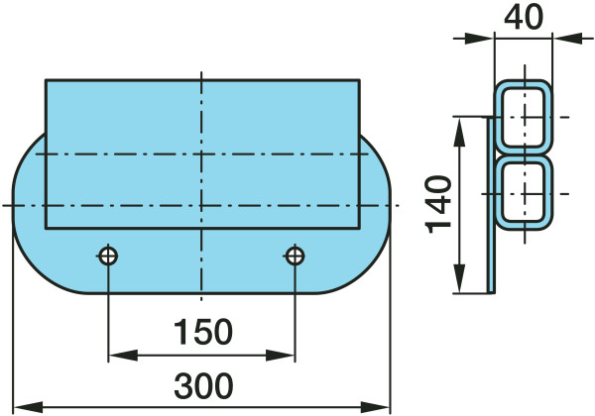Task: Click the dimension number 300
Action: pyautogui.click(x=203, y=385)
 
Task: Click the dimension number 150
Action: pyautogui.click(x=202, y=332)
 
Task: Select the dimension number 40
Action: pyautogui.click(x=524, y=18)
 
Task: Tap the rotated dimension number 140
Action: pyautogui.click(x=438, y=204)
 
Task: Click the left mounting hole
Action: pyautogui.click(x=108, y=257)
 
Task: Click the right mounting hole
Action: pyautogui.click(x=295, y=257)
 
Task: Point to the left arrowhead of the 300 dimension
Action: pyautogui.click(x=28, y=408)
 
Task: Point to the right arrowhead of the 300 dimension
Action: pyautogui.click(x=375, y=408)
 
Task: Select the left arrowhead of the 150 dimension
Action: pyautogui.click(x=123, y=356)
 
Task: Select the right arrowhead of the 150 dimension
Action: pyautogui.click(x=280, y=356)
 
